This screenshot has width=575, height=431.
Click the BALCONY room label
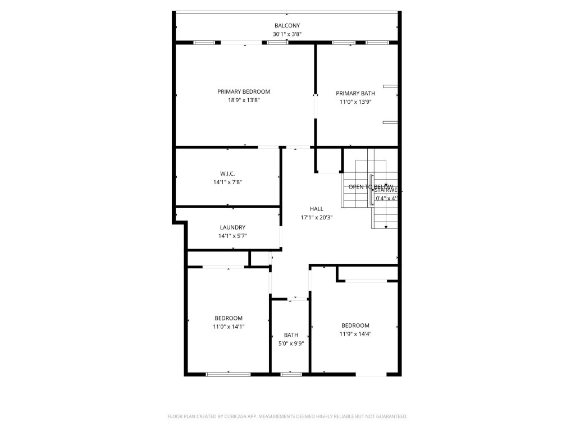pyautogui.click(x=287, y=26)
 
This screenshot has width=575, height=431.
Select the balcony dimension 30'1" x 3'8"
pyautogui.click(x=287, y=34)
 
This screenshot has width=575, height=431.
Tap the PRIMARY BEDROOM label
pyautogui.click(x=244, y=91)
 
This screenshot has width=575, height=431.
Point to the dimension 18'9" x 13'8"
pyautogui.click(x=244, y=100)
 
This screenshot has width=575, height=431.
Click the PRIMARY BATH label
pyautogui.click(x=355, y=93)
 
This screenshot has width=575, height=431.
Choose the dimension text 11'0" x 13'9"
pyautogui.click(x=355, y=102)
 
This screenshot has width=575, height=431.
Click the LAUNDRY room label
pyautogui.click(x=232, y=227)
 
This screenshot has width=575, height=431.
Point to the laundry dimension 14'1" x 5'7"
pyautogui.click(x=232, y=236)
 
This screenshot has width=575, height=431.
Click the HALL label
pyautogui.click(x=317, y=209)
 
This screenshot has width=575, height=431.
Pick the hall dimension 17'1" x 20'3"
pyautogui.click(x=317, y=218)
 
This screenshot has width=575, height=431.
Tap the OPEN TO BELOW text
pyautogui.click(x=371, y=187)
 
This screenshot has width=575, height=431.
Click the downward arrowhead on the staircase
pyautogui.click(x=386, y=227)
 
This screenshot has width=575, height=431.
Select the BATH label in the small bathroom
pyautogui.click(x=291, y=335)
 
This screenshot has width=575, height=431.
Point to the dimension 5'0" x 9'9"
pyautogui.click(x=291, y=343)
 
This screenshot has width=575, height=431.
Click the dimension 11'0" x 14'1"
pyautogui.click(x=229, y=327)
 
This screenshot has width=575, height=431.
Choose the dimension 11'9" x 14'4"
pyautogui.click(x=355, y=334)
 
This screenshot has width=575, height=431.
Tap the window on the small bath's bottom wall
pyautogui.click(x=291, y=374)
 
